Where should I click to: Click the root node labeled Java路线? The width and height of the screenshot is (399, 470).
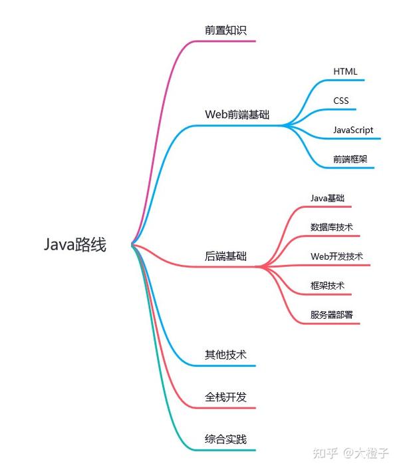tap(75, 245)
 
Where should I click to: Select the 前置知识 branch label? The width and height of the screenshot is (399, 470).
tap(226, 30)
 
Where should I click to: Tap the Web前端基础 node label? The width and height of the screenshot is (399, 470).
tap(237, 114)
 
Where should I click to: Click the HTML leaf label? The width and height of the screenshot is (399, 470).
tap(346, 71)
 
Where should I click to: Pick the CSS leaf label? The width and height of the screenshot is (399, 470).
tap(341, 101)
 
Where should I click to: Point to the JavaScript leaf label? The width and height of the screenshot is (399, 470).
tap(353, 130)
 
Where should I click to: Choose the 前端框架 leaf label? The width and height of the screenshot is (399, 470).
tap(350, 159)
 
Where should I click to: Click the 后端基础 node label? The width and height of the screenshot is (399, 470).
tap(225, 256)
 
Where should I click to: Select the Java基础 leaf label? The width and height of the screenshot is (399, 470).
tap(327, 198)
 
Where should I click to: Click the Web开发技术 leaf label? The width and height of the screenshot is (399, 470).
tap(336, 256)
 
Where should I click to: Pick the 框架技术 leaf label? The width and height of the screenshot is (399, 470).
tap(327, 286)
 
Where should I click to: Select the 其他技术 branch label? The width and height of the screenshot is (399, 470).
tap(225, 355)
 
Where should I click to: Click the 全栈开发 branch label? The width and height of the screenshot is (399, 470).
tap(225, 397)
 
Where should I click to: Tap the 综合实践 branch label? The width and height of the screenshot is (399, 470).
tap(225, 439)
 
